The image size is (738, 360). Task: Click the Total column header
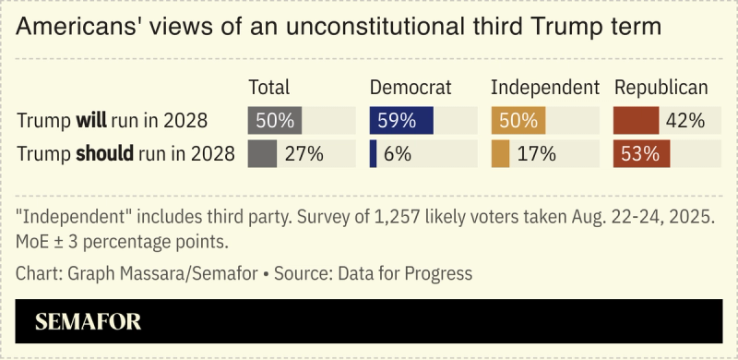(269, 88)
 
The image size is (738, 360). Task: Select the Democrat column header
(411, 88)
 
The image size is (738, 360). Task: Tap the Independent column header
(545, 88)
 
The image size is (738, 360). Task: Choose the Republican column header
(661, 88)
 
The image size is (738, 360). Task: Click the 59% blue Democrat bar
(401, 120)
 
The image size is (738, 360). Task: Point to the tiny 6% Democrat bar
(373, 153)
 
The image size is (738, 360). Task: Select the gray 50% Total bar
(275, 120)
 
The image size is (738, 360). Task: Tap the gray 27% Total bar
(262, 153)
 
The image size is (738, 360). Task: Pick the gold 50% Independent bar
(518, 120)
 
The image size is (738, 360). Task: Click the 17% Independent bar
(500, 153)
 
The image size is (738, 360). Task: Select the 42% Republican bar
(637, 120)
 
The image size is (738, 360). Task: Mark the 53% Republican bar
(642, 153)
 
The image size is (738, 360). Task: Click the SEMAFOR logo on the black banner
(88, 322)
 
